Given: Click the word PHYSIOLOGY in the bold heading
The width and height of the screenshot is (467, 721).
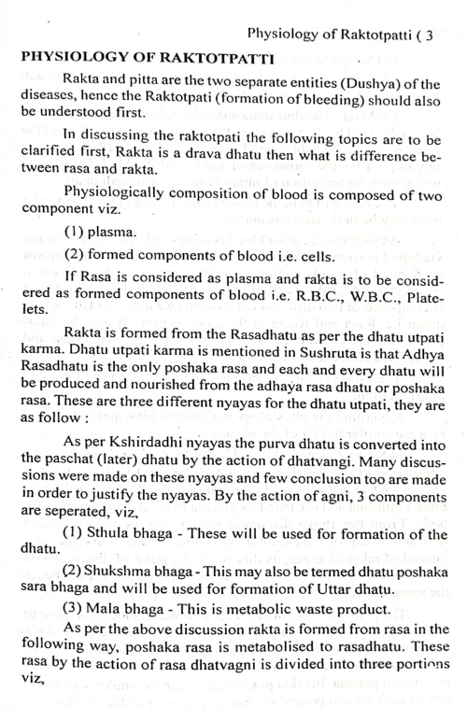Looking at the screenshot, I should coord(60,58).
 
